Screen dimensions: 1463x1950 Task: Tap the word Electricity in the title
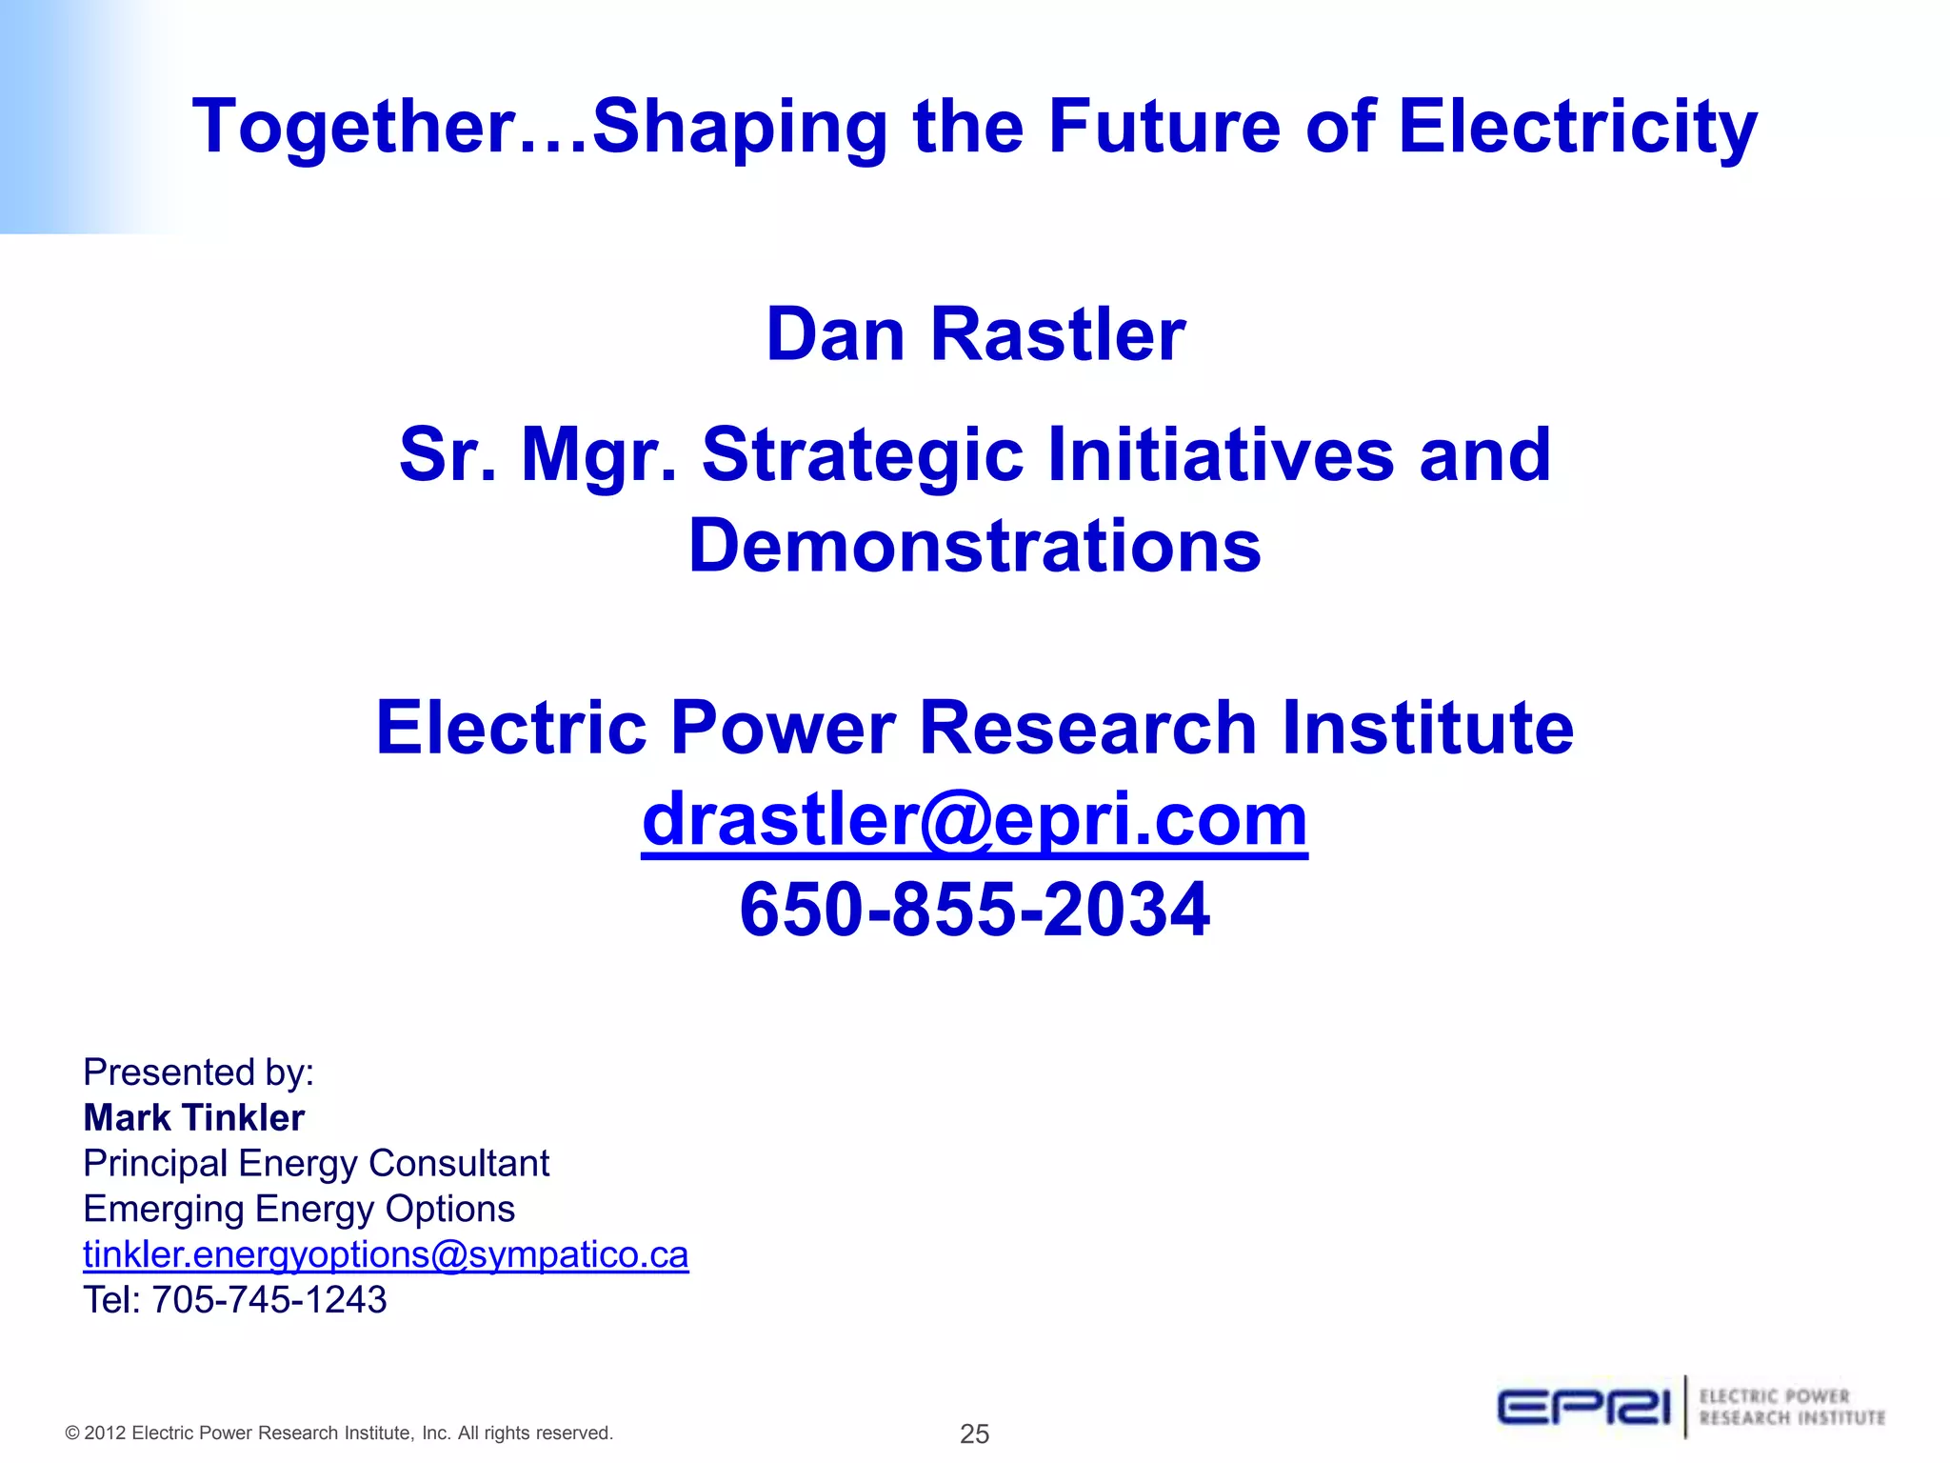(1577, 127)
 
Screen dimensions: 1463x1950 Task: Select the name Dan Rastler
(976, 334)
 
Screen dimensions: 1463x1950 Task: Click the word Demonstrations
(975, 546)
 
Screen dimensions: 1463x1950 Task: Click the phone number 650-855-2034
(974, 909)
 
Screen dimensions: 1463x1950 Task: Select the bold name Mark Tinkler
(194, 1117)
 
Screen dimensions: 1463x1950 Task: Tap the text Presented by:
(198, 1072)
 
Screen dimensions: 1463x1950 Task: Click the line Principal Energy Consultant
(316, 1163)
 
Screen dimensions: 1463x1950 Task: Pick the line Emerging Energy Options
(299, 1209)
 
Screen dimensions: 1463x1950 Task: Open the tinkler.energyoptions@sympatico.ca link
(386, 1254)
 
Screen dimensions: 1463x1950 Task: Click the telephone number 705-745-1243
(269, 1300)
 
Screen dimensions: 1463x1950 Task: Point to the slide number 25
(974, 1433)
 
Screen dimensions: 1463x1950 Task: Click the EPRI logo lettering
(1583, 1408)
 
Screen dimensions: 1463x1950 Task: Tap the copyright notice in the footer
(339, 1433)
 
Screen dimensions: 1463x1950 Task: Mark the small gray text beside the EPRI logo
(1791, 1408)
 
